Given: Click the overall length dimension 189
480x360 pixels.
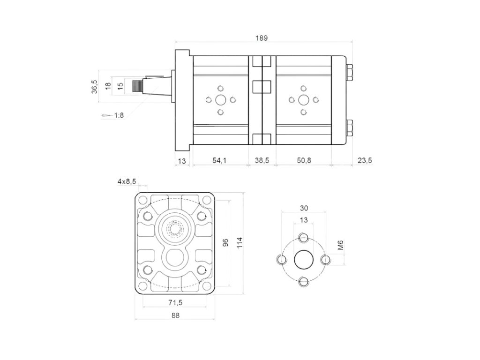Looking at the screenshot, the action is click(x=262, y=38).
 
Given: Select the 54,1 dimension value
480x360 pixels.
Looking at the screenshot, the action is click(x=219, y=160).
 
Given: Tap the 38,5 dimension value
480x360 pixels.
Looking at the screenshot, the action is click(x=262, y=160).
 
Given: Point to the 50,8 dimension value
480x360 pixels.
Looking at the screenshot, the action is click(x=303, y=160).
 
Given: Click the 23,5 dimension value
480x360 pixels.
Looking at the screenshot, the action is click(x=364, y=160).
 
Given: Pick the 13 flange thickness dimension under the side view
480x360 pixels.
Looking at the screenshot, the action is click(x=182, y=161).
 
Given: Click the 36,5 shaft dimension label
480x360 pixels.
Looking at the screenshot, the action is click(x=94, y=87).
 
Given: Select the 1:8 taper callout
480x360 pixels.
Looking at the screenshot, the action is click(x=118, y=115).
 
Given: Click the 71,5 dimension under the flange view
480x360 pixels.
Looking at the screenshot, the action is click(x=175, y=301).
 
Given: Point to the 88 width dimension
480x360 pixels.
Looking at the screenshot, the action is click(x=175, y=315).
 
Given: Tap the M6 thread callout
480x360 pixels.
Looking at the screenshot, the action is click(x=341, y=245).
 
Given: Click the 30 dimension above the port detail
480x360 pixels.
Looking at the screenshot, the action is click(x=303, y=208).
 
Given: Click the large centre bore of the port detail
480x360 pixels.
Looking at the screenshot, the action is click(x=303, y=259).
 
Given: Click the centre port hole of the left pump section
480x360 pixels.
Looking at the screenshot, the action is click(x=220, y=99).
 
